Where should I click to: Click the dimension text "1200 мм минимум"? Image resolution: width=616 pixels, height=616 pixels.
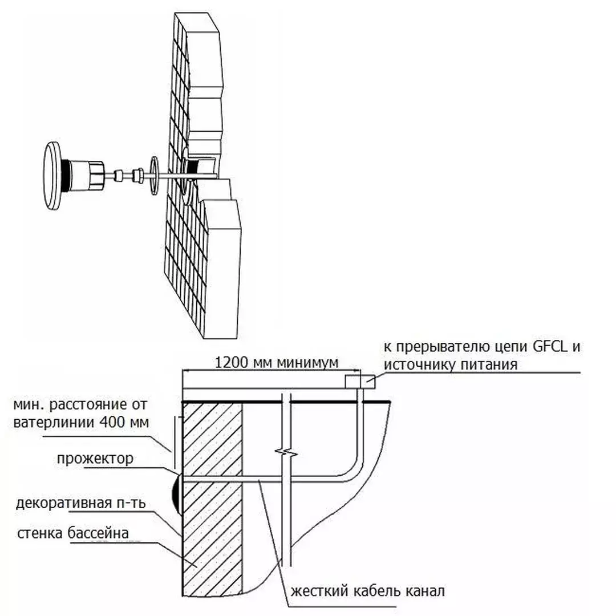(276, 362)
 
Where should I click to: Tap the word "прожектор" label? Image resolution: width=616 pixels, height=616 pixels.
(95, 459)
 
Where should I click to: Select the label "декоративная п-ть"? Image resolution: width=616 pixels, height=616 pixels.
(81, 503)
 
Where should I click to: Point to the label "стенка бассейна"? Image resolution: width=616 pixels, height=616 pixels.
(73, 533)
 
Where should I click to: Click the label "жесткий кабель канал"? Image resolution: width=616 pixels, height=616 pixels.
(368, 591)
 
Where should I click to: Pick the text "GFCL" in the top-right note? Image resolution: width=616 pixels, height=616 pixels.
(550, 347)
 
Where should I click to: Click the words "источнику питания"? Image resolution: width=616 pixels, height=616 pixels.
(450, 364)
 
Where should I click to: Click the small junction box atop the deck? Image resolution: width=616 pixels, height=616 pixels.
(360, 382)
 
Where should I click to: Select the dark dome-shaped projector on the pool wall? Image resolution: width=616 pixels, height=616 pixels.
(177, 494)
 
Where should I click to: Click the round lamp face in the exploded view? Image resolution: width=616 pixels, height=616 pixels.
(52, 176)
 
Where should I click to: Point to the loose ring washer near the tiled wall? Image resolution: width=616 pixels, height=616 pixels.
(154, 176)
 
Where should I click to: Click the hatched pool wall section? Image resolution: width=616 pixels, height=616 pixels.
(212, 499)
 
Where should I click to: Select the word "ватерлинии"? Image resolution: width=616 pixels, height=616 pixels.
(54, 423)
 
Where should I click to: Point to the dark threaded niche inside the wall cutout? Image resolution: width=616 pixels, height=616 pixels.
(193, 167)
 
